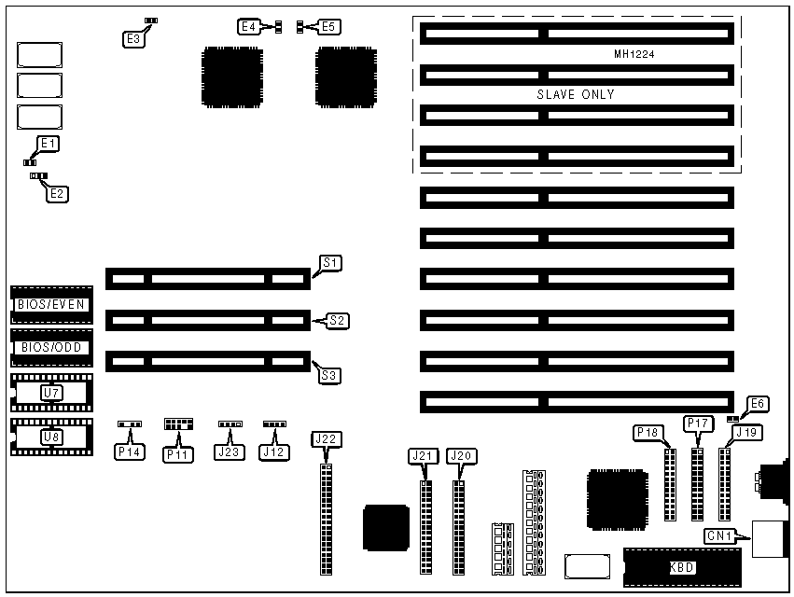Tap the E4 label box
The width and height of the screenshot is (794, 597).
[249, 27]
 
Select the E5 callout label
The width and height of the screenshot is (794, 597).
[328, 27]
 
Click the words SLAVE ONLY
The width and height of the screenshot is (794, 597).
[575, 94]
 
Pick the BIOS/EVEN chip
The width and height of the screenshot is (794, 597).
[51, 305]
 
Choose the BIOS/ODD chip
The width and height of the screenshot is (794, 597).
[51, 348]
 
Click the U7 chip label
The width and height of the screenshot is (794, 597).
[51, 393]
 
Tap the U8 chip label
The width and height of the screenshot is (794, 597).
[51, 436]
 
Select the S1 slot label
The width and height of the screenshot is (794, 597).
[330, 263]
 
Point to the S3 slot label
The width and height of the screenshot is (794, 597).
[329, 376]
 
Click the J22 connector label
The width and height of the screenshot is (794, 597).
[326, 439]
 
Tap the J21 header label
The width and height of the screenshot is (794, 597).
[424, 456]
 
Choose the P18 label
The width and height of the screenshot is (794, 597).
[648, 433]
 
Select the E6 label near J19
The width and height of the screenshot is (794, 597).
[758, 404]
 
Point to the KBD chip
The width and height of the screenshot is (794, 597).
[681, 566]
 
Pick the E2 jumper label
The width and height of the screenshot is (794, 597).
[58, 194]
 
